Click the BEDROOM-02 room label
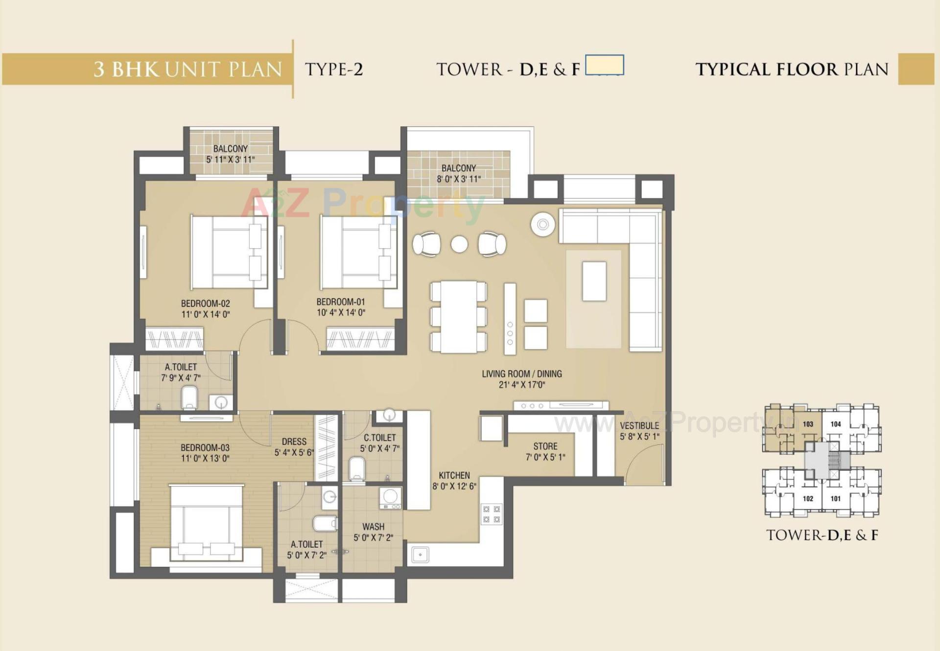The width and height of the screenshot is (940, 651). coord(205,303)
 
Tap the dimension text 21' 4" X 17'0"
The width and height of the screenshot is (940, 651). coord(522,385)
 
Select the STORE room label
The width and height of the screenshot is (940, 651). coord(545,446)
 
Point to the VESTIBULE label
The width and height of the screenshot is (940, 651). coord(639,426)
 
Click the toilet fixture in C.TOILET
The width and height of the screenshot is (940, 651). coord(357,468)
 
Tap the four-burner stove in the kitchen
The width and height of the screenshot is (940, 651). coord(492,514)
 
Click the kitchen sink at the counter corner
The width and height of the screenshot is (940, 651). coord(420,555)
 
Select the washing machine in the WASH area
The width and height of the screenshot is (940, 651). coord(390,498)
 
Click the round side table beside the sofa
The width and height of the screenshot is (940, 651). coord(543,225)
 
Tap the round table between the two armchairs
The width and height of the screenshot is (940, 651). coord(459,244)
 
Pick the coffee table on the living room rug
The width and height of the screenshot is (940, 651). coord(594,281)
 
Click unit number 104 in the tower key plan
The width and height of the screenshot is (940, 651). coord(836,424)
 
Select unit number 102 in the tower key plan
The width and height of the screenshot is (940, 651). coord(808,499)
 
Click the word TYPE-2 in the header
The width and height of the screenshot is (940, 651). coord(334,70)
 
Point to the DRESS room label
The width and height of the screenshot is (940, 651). coord(294,442)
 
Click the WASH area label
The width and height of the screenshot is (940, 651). coord(373,527)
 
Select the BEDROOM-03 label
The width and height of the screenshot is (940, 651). coord(205,447)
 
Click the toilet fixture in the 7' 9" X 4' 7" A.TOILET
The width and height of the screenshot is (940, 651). coord(189,397)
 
